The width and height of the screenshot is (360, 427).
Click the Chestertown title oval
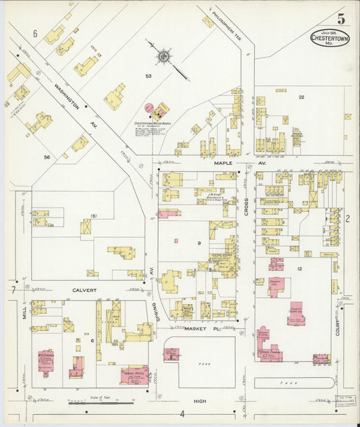[x=330, y=38]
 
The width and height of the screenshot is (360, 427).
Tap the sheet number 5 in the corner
[x=340, y=18]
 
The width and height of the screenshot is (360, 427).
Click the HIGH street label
[x=199, y=401]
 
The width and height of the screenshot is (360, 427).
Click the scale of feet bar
[x=101, y=404]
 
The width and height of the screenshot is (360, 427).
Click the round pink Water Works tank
[x=150, y=108]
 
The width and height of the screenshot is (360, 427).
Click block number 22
[x=301, y=97]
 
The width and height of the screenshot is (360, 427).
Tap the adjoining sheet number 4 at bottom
[x=182, y=413]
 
